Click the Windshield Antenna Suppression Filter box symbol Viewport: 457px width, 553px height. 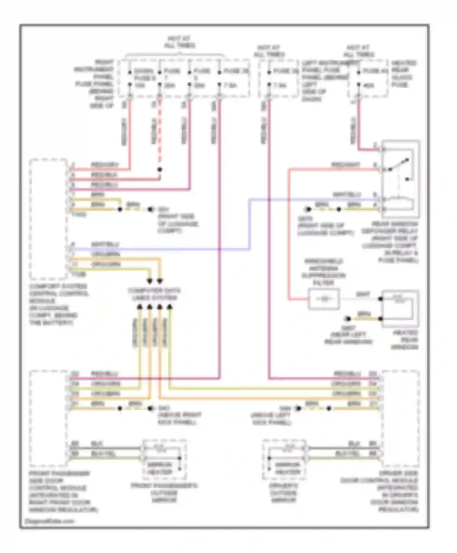(324, 299)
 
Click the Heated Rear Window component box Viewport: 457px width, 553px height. (400, 309)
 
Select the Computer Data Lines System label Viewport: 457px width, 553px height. (154, 294)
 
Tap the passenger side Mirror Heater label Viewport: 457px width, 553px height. (160, 469)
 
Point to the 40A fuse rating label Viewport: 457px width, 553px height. (369, 86)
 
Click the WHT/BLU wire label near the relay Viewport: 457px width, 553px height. (347, 194)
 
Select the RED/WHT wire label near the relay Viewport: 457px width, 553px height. (345, 165)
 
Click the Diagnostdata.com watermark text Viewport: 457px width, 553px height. (49, 521)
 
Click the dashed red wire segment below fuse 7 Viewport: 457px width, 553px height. (160, 134)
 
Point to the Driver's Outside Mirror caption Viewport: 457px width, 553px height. (283, 493)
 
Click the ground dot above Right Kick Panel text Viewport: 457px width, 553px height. (151, 409)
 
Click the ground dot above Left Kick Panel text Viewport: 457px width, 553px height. (299, 409)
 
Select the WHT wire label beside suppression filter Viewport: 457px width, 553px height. (363, 294)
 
